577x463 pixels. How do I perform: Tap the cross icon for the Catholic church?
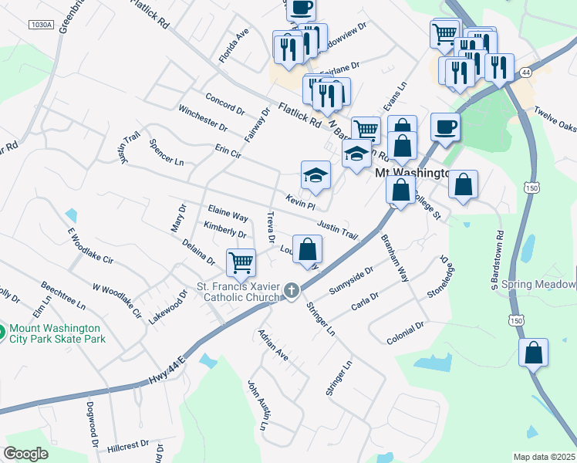click(x=291, y=291)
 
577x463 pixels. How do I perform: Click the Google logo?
click(x=26, y=454)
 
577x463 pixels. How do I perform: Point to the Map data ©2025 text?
click(x=544, y=457)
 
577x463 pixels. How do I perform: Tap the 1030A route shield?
click(x=42, y=25)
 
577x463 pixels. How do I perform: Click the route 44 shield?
click(x=525, y=72)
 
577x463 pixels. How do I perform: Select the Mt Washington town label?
click(x=412, y=174)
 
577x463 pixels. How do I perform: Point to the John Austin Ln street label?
click(x=259, y=405)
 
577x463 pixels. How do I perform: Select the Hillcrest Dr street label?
click(x=127, y=446)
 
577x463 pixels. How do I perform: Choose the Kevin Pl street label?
click(x=301, y=201)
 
